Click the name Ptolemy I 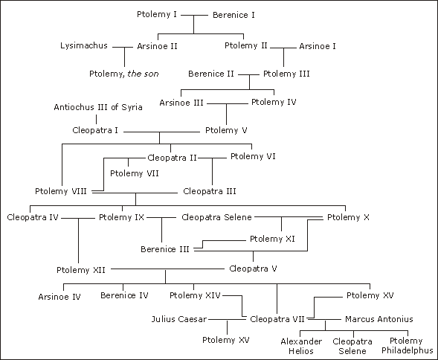pos(157,15)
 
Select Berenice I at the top pos(234,15)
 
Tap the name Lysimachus pos(84,45)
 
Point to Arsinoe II pos(157,46)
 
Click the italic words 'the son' pos(143,74)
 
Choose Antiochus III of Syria pos(98,107)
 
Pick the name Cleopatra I pos(95,130)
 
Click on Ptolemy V pos(226,130)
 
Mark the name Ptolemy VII pos(135,173)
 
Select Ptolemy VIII pos(61,191)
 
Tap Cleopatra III pos(210,191)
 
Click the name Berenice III pos(165,249)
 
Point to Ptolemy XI pos(272,240)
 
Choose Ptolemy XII pos(81,270)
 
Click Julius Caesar pos(179,319)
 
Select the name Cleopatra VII pos(277,319)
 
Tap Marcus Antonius pos(379,319)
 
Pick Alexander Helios pos(301,347)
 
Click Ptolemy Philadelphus pos(408,346)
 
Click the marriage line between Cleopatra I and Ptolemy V pos(161,132)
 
